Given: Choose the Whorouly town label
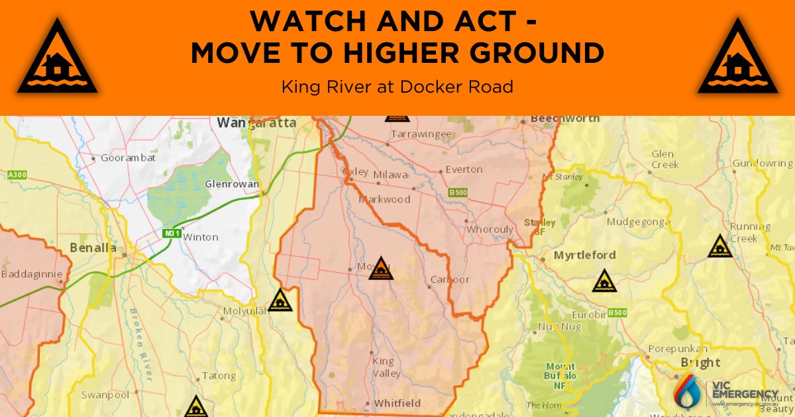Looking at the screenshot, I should [x=490, y=230].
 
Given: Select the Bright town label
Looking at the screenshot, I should [x=700, y=363].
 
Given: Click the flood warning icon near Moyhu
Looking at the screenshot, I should [x=381, y=269].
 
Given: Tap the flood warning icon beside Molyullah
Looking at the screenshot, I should [x=280, y=301].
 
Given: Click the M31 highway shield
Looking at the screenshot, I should [x=172, y=234].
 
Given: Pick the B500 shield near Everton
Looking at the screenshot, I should [x=457, y=193].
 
